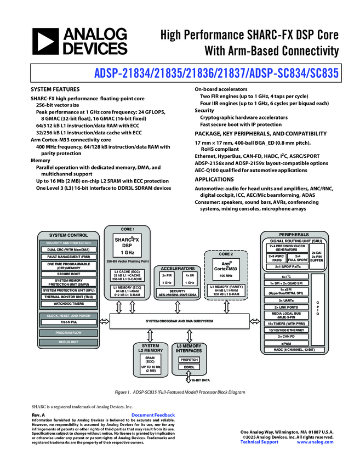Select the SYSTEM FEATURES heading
click(x=55, y=89)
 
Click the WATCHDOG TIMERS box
click(x=68, y=303)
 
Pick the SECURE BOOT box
click(x=68, y=274)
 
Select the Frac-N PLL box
click(x=68, y=322)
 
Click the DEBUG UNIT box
click(x=68, y=342)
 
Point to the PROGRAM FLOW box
click(x=68, y=332)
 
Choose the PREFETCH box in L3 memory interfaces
click(x=189, y=360)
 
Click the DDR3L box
click(x=189, y=367)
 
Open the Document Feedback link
click(x=153, y=416)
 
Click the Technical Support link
click(x=259, y=442)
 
